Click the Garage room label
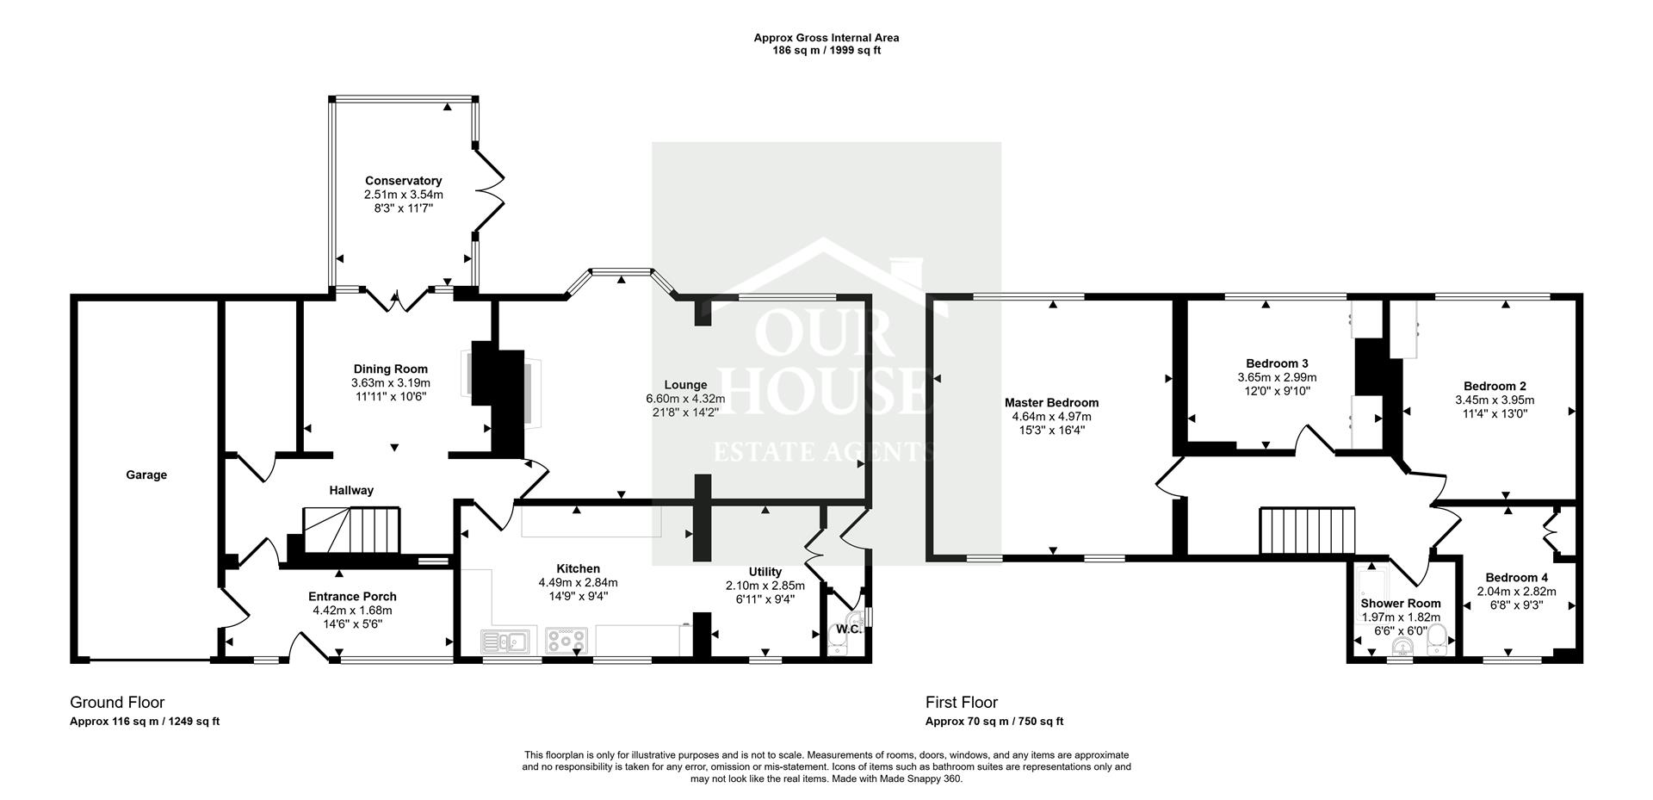[x=146, y=474]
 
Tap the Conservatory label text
[x=403, y=181]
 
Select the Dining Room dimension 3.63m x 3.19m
[x=391, y=383]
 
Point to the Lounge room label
[x=685, y=385]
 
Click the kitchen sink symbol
[x=505, y=642]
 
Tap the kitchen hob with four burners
[x=566, y=642]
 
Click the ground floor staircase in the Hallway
[x=351, y=531]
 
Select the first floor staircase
[x=1308, y=531]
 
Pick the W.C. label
[x=849, y=629]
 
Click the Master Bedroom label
[x=1051, y=402]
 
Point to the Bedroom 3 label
[x=1277, y=363]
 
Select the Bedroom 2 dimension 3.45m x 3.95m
[x=1495, y=400]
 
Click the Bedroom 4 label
[x=1516, y=578]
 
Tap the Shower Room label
[x=1400, y=604]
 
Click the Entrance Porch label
[x=352, y=597]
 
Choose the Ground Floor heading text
[x=117, y=703]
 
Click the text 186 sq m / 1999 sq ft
[x=826, y=50]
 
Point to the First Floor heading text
[x=962, y=703]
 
